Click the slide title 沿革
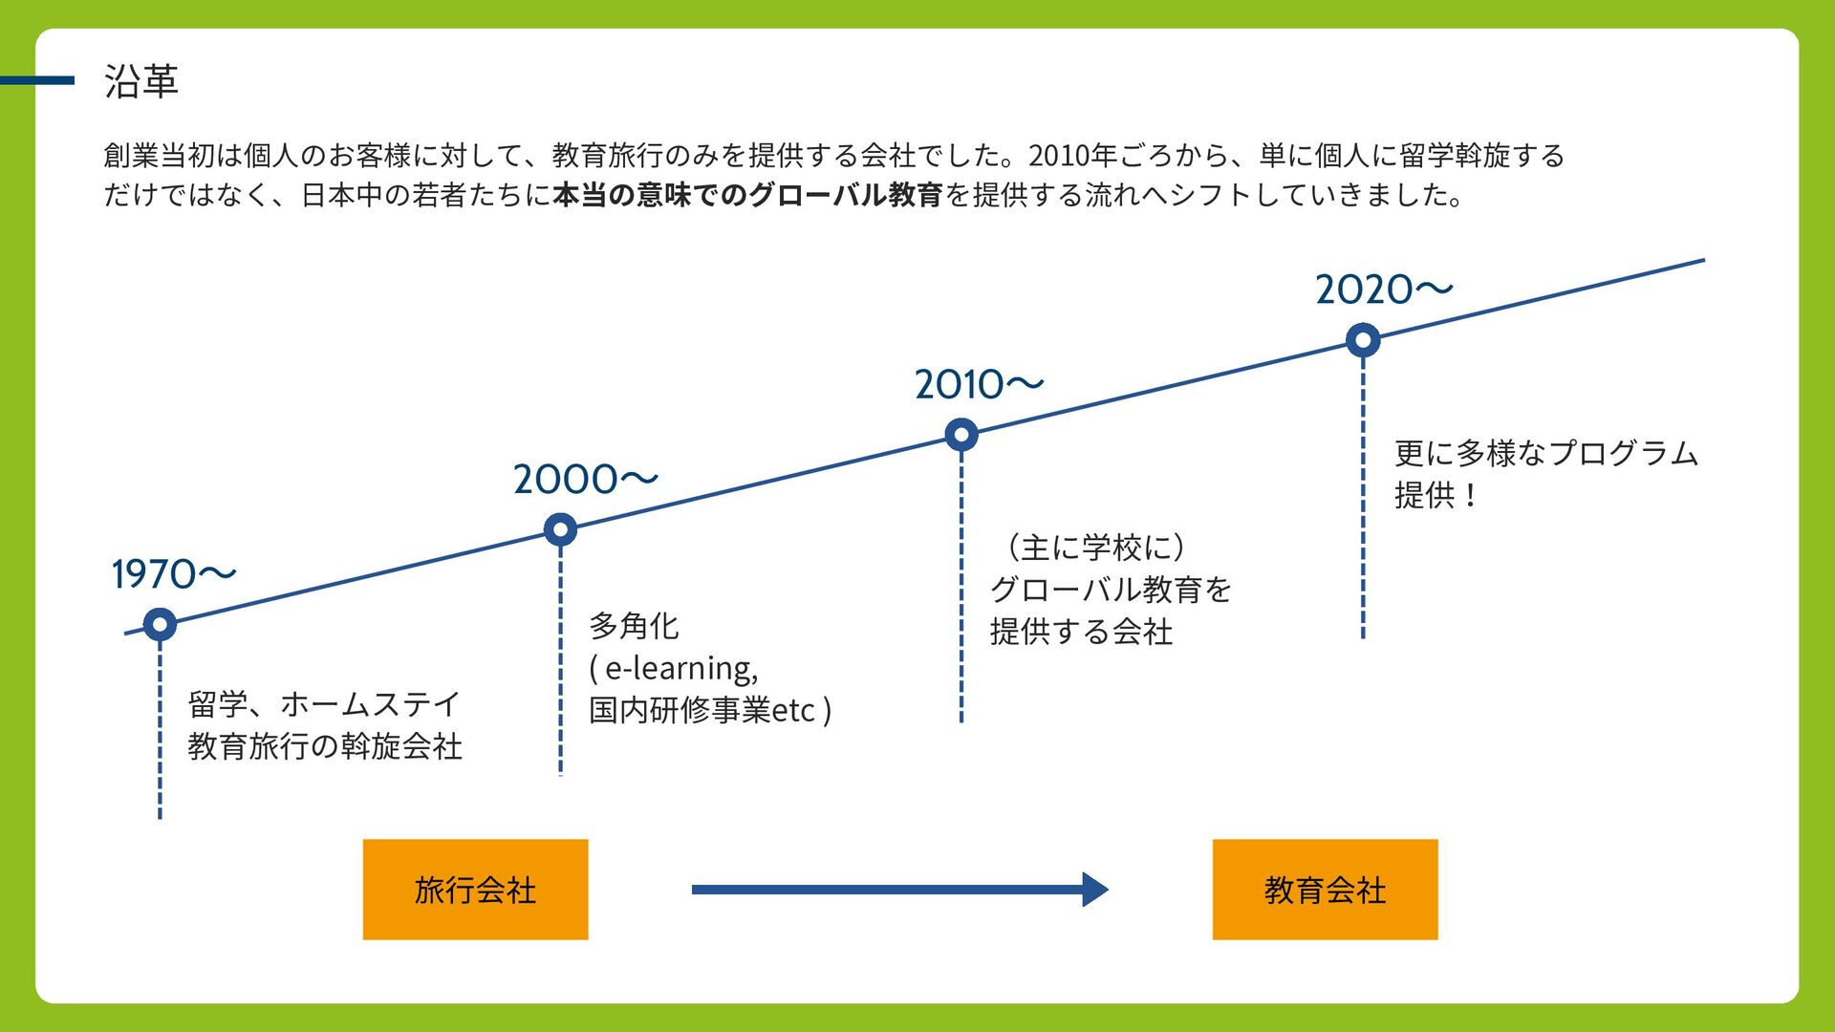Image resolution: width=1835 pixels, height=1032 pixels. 140,81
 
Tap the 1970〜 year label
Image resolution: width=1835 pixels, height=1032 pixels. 173,574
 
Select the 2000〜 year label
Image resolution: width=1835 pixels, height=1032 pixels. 585,480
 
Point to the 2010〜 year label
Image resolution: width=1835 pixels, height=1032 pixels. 979,385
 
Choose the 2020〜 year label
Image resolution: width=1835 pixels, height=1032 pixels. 1383,290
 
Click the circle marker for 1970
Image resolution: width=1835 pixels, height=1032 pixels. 160,625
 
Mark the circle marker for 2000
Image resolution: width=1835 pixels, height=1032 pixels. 560,529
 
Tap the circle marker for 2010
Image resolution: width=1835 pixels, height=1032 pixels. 961,435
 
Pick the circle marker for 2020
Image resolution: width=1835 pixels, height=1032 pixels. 1363,340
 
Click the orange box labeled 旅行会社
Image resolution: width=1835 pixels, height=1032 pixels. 475,890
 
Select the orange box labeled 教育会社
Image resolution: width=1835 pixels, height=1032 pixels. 1325,890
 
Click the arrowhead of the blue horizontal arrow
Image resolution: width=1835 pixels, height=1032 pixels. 1095,890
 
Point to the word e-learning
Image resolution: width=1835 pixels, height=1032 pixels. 681,668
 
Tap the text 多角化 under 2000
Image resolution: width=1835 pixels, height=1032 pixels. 634,626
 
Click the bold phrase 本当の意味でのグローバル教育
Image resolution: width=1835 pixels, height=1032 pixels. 748,196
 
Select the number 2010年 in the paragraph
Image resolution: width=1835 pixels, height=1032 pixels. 1072,156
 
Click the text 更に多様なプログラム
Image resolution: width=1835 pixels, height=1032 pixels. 1545,453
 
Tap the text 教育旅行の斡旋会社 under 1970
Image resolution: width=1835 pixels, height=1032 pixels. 325,746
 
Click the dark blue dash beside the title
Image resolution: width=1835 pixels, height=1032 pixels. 38,81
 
